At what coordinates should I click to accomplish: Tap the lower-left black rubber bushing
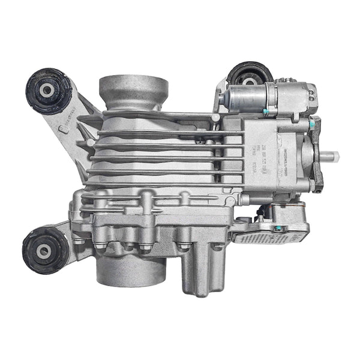tap(46, 250)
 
